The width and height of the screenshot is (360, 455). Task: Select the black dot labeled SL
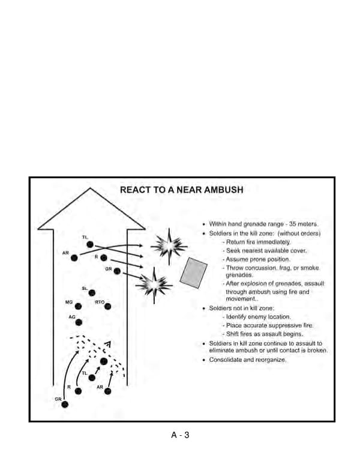click(92, 293)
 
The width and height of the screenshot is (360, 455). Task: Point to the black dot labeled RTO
click(108, 306)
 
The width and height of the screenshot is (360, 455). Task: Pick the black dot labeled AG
click(78, 322)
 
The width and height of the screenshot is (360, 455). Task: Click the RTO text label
click(100, 301)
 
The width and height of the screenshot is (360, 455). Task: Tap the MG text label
click(69, 301)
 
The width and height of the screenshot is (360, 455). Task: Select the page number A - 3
click(180, 435)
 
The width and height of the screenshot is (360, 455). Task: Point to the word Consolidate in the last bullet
click(224, 360)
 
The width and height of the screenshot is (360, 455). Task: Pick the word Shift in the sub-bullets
click(232, 334)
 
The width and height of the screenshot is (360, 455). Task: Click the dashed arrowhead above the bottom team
click(107, 345)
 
